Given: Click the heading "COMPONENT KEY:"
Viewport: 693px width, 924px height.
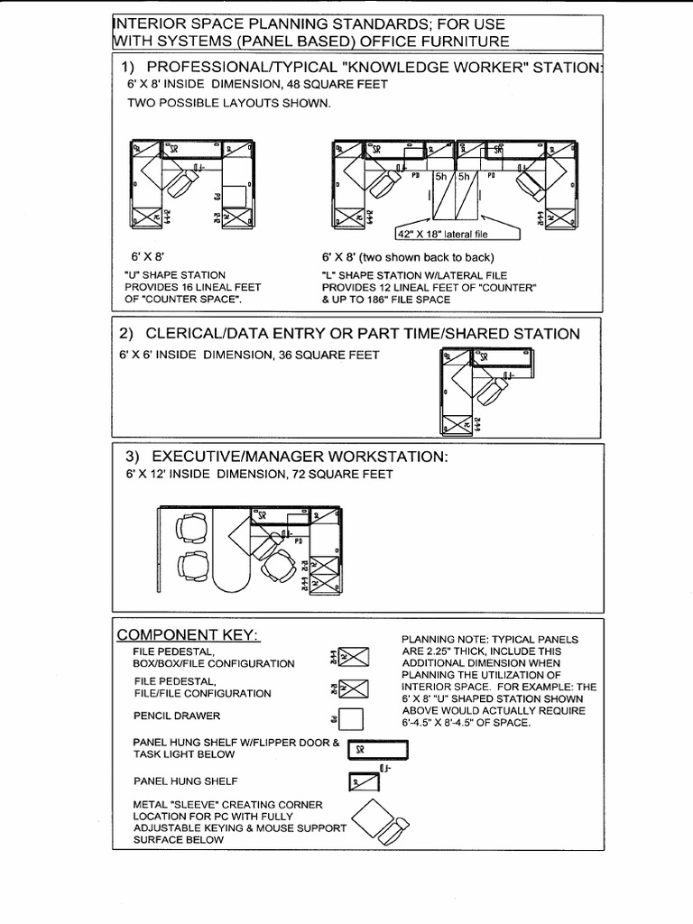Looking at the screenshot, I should point(189,635).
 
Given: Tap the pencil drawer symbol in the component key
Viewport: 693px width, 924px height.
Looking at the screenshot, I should point(351,718).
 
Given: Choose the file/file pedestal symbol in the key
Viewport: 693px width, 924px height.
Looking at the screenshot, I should point(353,688).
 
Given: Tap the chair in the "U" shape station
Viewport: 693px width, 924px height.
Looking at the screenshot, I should point(185,187).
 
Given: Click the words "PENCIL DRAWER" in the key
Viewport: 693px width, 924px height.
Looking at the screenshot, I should point(177,716).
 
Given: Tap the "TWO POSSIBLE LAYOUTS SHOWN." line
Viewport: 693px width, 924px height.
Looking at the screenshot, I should point(228,103).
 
